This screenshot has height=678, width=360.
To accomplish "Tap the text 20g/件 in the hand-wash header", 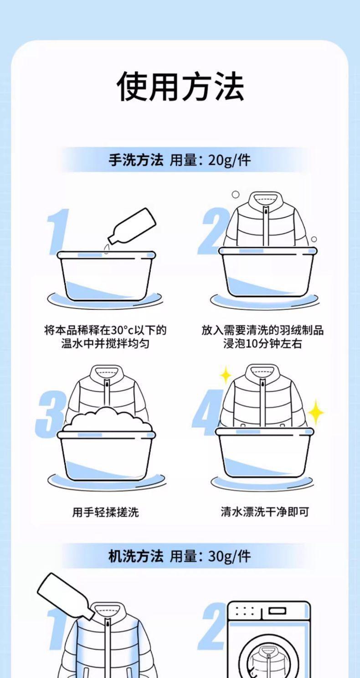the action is click(x=230, y=160).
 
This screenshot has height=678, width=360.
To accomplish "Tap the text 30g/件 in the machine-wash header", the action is click(x=230, y=556).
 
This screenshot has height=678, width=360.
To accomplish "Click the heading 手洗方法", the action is click(x=136, y=160).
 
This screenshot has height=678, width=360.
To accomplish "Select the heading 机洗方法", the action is click(x=136, y=556).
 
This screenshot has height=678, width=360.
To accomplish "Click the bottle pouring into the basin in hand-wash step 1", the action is click(x=132, y=226).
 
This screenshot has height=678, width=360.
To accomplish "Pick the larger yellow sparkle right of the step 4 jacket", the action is click(x=315, y=412).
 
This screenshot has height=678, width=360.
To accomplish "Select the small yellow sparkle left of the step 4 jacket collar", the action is click(x=225, y=375).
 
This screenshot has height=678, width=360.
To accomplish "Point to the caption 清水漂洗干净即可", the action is click(x=265, y=512).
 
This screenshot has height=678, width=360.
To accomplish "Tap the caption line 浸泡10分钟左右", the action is click(x=262, y=344).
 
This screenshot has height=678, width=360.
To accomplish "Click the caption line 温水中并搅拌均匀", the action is click(x=105, y=344).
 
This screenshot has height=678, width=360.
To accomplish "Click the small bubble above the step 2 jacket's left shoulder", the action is click(x=235, y=194).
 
